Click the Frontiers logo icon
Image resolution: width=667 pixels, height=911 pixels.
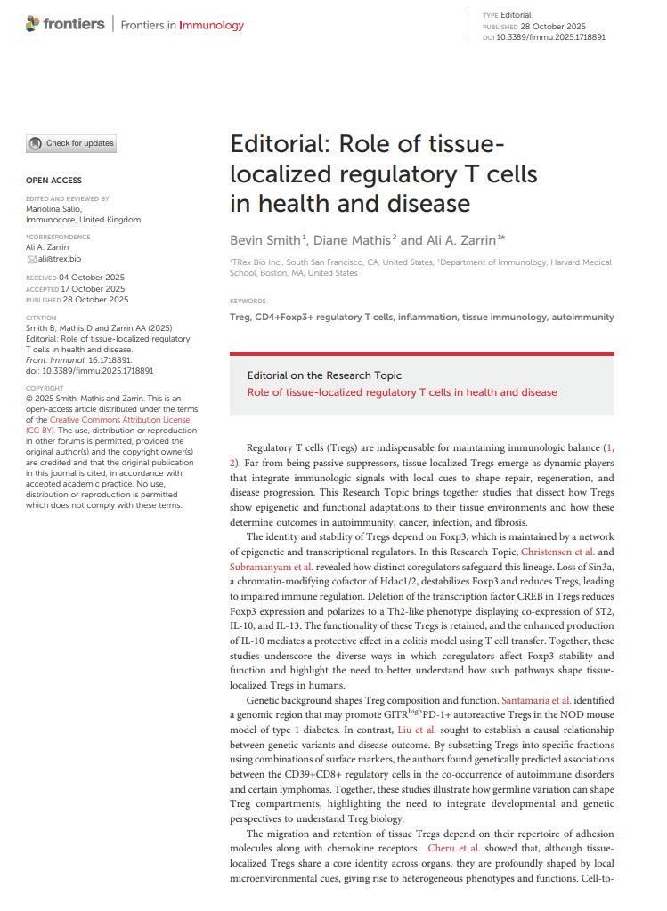34,25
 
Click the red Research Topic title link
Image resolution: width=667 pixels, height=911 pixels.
402,392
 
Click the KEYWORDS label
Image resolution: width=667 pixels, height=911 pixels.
248,302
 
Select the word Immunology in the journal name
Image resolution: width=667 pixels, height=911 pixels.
211,25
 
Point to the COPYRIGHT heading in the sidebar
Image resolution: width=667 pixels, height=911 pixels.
45,388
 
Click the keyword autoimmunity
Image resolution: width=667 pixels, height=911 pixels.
582,317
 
